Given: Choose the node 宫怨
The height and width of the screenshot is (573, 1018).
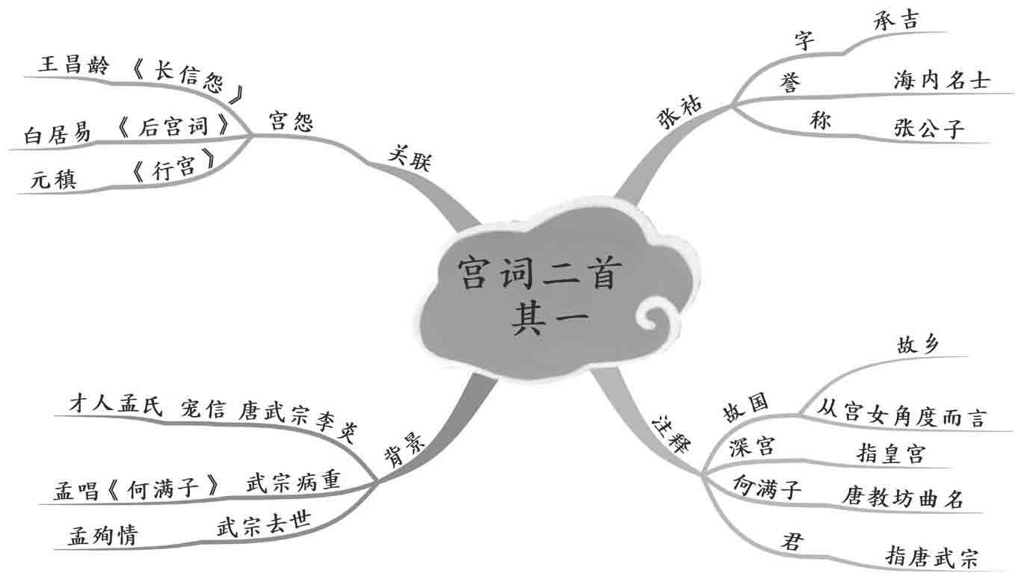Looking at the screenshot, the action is pyautogui.click(x=290, y=122).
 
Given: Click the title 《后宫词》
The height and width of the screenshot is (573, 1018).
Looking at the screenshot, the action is pyautogui.click(x=173, y=128).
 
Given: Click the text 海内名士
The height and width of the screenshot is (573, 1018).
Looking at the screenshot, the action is pyautogui.click(x=941, y=81).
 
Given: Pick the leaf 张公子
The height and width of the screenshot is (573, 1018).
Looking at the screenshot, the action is pyautogui.click(x=929, y=129).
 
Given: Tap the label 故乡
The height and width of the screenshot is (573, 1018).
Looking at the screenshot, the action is pyautogui.click(x=918, y=344).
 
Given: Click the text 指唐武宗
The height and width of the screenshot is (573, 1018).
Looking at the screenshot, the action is pyautogui.click(x=931, y=555).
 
